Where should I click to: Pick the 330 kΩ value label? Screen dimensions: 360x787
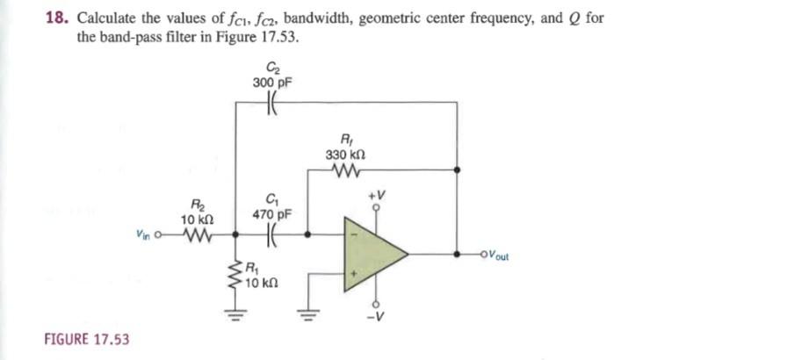[x=343, y=155]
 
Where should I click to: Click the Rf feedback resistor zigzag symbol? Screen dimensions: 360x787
[x=343, y=169]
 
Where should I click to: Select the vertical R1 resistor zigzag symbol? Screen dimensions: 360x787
[x=235, y=275]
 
